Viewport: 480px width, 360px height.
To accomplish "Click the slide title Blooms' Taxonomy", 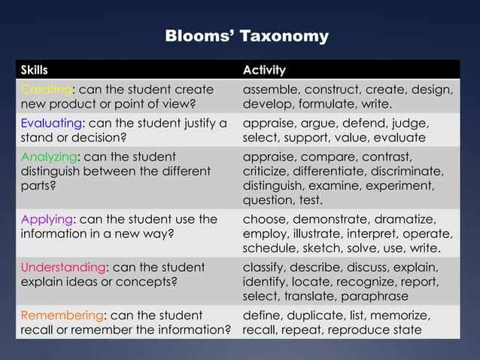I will [x=246, y=36].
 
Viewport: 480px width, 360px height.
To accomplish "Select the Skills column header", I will [x=34, y=70].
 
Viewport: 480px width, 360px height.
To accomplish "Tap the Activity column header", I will [x=263, y=70].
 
